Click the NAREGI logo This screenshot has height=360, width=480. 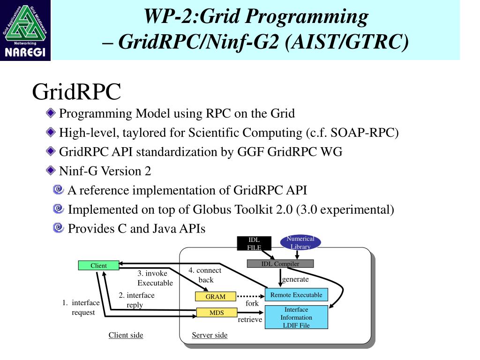25,30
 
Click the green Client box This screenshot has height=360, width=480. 98,266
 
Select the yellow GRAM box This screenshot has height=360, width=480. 216,297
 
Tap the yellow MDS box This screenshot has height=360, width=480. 217,313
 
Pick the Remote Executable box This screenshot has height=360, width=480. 296,295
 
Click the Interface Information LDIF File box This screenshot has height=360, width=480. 296,317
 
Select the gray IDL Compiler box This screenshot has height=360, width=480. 280,264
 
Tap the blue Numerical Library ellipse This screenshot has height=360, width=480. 300,242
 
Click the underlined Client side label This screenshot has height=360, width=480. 126,335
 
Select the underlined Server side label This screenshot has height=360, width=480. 210,335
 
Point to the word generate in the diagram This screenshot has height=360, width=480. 295,279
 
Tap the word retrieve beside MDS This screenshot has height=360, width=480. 250,320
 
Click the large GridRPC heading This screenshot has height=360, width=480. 76,92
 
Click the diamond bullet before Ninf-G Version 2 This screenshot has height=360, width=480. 51,171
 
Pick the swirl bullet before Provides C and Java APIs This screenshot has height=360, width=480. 59,228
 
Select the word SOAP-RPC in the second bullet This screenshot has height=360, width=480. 364,133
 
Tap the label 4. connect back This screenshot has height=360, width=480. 205,275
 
